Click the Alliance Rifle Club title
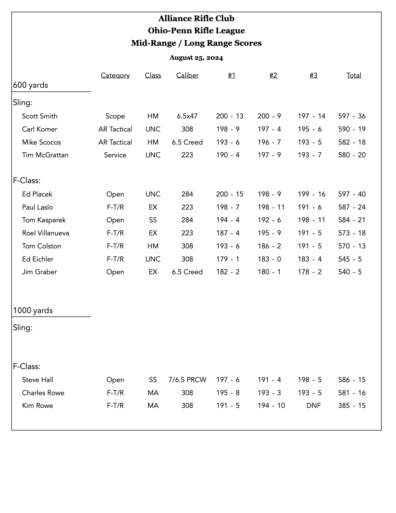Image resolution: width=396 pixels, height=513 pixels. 196,19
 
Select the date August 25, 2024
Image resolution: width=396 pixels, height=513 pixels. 196,58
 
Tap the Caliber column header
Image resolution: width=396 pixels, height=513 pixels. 187,76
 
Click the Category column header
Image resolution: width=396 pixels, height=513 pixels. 115,76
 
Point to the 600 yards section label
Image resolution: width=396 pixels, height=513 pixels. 30,85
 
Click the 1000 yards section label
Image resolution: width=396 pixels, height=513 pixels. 33,311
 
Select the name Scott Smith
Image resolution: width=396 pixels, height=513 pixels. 40,116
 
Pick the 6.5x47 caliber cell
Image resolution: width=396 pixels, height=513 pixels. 187,116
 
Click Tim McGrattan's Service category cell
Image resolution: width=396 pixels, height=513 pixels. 115,155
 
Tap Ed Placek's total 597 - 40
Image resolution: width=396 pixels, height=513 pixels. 352,194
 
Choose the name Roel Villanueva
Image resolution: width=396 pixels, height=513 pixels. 46,233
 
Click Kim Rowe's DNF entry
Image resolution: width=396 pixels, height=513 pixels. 313,406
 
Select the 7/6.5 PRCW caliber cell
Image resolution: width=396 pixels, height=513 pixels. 187,380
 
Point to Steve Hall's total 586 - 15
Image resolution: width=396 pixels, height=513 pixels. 352,380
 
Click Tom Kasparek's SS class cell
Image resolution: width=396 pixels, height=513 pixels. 153,220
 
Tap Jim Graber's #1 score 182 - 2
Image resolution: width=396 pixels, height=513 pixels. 228,272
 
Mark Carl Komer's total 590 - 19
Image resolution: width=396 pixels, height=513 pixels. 352,129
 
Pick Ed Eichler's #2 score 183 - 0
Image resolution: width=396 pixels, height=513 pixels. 269,259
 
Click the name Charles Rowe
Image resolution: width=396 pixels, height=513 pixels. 43,393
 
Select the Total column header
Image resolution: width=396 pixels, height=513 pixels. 354,76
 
